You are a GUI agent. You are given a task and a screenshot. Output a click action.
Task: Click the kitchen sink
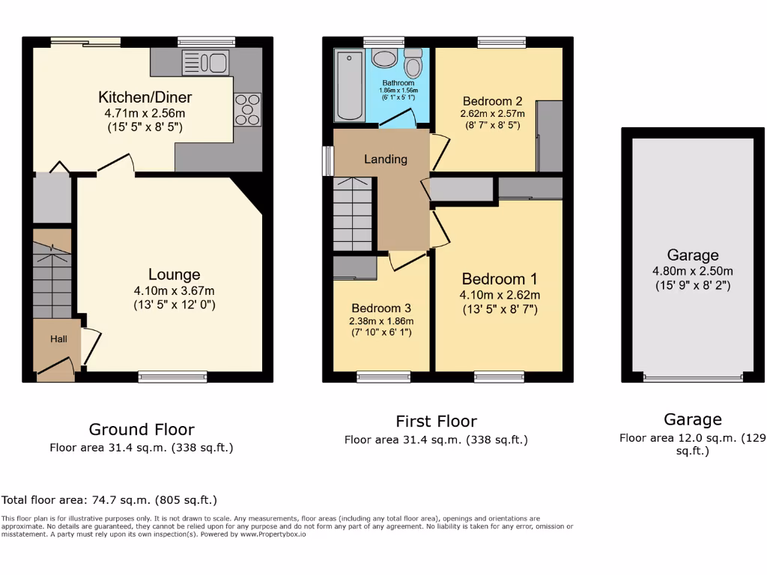(x=204, y=62)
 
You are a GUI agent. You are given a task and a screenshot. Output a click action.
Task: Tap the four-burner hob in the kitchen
(x=247, y=109)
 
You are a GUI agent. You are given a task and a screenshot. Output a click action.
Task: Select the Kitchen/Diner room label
(x=145, y=97)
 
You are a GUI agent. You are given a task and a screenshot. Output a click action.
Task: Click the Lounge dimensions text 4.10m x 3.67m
(x=174, y=290)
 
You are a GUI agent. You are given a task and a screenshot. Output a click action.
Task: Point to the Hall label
(x=58, y=339)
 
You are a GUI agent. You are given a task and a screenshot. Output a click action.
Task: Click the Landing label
(x=386, y=159)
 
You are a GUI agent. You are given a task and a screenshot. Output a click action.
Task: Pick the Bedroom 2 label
(x=492, y=101)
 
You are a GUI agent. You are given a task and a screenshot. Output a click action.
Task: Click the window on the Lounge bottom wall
(x=173, y=377)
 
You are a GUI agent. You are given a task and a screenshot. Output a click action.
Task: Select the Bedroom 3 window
(x=383, y=377)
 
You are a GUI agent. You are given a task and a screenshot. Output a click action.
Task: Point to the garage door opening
(x=693, y=378)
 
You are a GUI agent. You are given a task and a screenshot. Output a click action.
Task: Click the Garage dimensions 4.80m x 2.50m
(x=693, y=271)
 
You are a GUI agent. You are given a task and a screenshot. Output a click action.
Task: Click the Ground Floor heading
(x=142, y=430)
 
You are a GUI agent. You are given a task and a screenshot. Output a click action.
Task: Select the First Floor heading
(x=436, y=421)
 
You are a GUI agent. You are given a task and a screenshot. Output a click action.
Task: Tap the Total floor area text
(x=109, y=500)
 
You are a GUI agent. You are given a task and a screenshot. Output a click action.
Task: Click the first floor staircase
(x=353, y=213)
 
